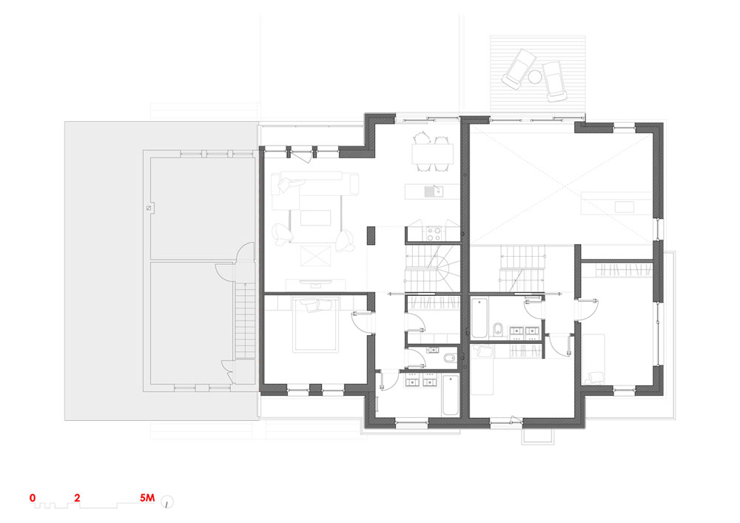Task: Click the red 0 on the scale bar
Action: coord(32,498)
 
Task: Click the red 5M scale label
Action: coord(147,498)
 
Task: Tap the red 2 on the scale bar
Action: coord(77,498)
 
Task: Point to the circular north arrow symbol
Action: coord(167,502)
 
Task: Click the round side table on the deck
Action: coord(534,76)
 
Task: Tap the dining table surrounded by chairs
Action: coord(432,153)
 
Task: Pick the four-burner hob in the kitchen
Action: coord(434,232)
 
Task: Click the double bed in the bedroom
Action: coord(315,325)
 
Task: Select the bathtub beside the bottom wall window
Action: coord(450,395)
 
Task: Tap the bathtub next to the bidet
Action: coord(479,318)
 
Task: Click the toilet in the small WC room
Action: coord(450,358)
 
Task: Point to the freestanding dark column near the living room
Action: coord(371,236)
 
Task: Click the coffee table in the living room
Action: coord(315,218)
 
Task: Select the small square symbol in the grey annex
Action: coord(148,208)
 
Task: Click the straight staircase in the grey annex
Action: coord(244,320)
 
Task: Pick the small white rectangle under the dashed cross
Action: coord(624,207)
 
